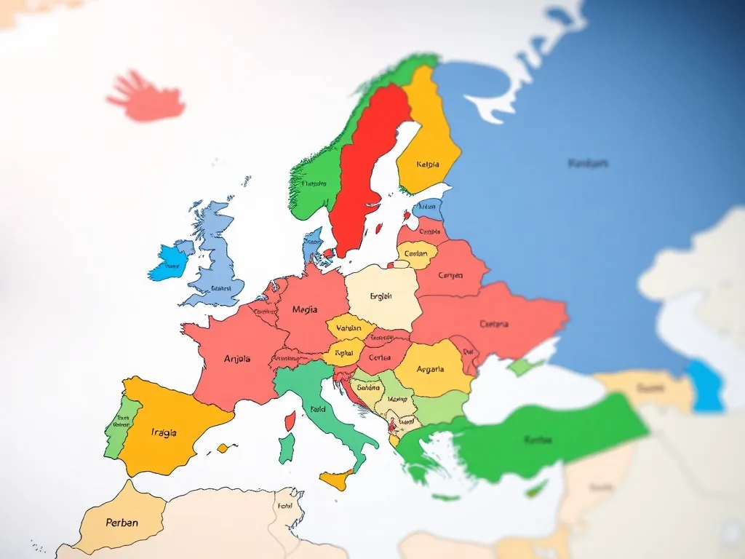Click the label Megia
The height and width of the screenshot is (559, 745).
(x=305, y=309)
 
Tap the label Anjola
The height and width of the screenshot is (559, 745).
(x=237, y=358)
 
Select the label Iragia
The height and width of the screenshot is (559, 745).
(x=164, y=432)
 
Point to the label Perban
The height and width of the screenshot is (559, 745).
(x=121, y=523)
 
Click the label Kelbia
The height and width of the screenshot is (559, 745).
(x=428, y=164)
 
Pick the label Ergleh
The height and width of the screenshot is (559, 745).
(x=381, y=296)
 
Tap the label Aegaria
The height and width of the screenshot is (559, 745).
(x=430, y=369)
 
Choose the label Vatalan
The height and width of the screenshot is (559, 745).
(x=349, y=328)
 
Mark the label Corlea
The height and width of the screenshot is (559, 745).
(x=380, y=357)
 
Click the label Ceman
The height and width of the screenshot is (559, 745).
(x=415, y=254)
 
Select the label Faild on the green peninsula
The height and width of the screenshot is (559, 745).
(x=318, y=410)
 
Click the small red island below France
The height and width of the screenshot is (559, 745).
(x=290, y=420)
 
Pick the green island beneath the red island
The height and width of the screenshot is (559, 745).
(x=286, y=448)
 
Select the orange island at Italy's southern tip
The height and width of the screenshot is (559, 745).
(x=337, y=480)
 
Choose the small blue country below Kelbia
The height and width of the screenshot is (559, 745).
(x=430, y=208)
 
